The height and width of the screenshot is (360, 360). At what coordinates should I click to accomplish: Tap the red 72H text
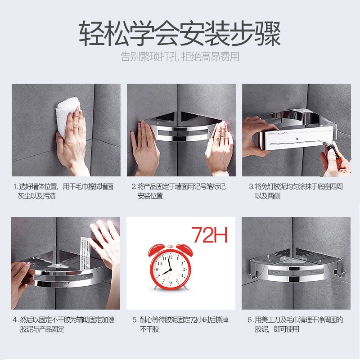(x=209, y=234)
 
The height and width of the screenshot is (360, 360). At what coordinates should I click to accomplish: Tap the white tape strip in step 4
(x=85, y=254)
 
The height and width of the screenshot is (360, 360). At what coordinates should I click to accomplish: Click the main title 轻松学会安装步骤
(x=180, y=33)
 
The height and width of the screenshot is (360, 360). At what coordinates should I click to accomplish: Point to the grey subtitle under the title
(x=180, y=57)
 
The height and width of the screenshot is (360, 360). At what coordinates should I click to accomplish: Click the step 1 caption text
(x=63, y=191)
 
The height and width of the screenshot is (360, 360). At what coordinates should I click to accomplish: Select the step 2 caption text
(x=178, y=191)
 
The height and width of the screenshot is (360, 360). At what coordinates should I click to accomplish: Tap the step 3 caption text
(x=296, y=191)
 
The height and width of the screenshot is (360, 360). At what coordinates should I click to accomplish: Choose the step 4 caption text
(x=63, y=324)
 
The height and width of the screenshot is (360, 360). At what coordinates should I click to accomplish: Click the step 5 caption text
(x=180, y=324)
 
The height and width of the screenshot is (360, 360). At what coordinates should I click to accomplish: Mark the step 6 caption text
(x=295, y=324)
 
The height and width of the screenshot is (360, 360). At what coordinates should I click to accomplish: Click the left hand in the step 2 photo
(x=144, y=147)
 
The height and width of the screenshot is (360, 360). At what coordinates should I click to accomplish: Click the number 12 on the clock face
(x=171, y=257)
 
